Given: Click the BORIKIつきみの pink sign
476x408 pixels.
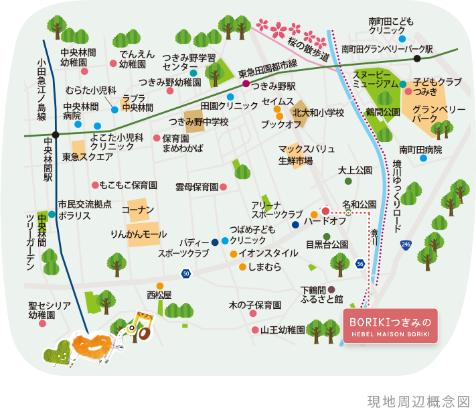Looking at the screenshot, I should point(390,326).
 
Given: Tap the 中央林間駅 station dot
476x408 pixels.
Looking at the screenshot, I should point(56,135).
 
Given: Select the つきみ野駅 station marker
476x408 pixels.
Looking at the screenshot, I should point(246,84).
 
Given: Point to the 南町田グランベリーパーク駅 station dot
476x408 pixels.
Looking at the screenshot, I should point(416,58).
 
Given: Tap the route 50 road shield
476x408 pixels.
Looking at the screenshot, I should point(185,273).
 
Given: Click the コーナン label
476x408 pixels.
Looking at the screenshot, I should point(139,210).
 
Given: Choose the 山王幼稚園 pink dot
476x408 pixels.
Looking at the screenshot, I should point(255,330).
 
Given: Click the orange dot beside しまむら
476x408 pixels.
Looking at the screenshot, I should point(242,267).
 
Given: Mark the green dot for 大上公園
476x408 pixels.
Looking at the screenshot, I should point(347,181).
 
